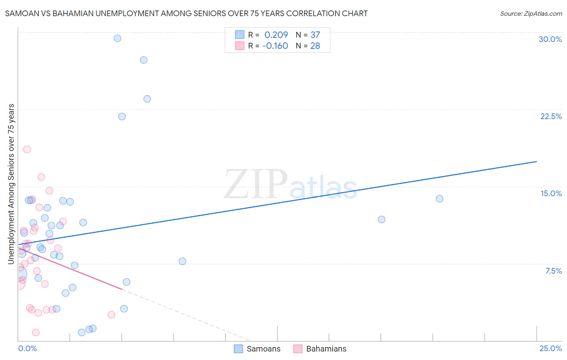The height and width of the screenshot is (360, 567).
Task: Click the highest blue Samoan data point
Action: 117,38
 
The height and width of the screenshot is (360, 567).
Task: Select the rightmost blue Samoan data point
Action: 440,199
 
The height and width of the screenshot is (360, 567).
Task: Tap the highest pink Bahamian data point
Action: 27,149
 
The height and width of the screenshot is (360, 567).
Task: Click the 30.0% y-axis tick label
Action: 550,39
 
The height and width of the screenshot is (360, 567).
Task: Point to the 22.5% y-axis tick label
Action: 551,116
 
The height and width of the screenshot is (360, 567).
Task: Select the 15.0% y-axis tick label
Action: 551,193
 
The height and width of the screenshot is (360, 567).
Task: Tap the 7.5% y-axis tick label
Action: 553,271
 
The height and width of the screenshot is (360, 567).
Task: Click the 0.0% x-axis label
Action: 27,348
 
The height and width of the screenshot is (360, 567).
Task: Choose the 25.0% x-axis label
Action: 550,348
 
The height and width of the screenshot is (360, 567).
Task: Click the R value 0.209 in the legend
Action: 276,35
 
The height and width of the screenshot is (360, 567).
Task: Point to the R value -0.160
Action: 275,46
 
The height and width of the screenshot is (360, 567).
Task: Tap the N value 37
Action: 315,35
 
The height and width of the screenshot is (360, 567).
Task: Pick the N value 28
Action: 315,46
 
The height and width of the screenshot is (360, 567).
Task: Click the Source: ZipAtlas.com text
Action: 531,13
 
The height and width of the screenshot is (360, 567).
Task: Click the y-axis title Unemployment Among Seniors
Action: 11,184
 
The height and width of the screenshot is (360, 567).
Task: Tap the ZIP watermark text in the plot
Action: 255,184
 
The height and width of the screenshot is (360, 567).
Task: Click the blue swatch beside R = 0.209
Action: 240,35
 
